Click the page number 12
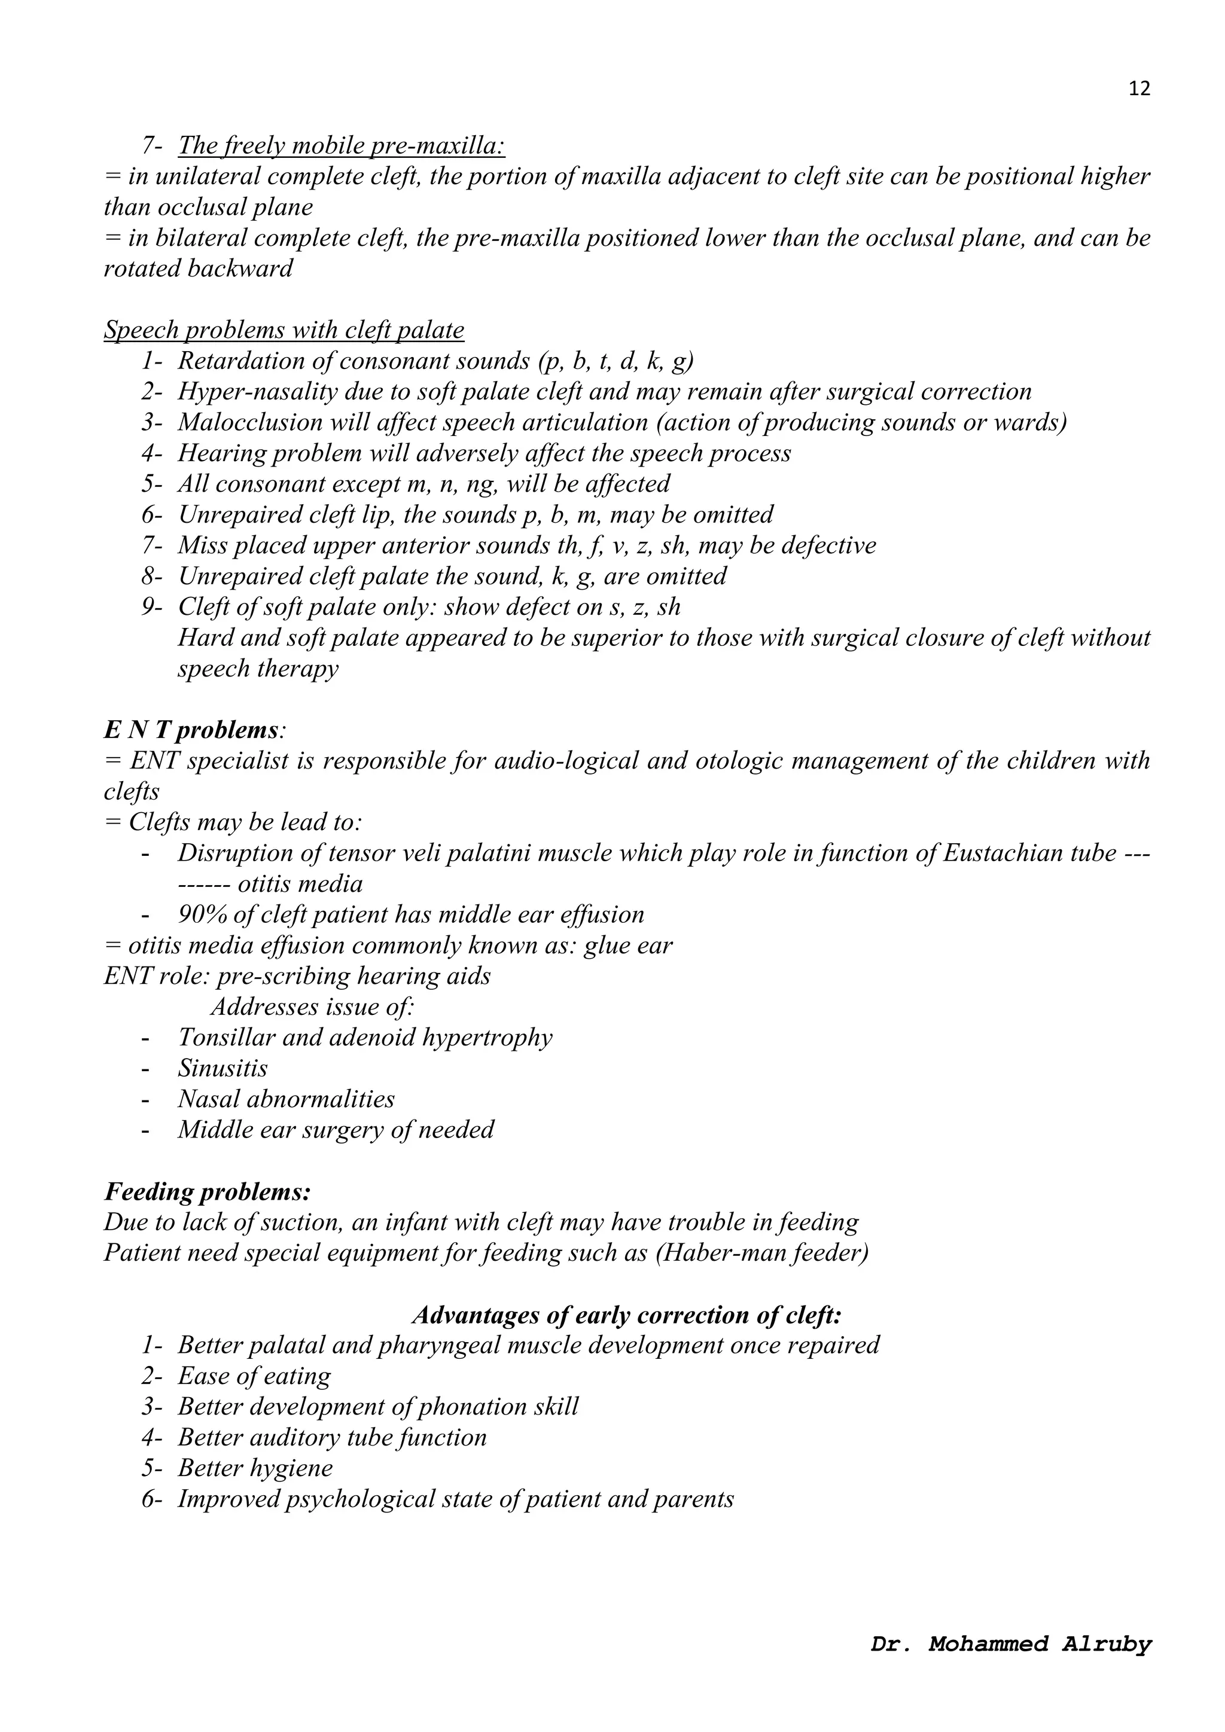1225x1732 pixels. (x=1139, y=89)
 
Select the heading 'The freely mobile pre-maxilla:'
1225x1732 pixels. (x=341, y=145)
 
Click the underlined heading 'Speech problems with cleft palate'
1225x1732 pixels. (x=284, y=330)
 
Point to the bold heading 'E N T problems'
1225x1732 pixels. (x=191, y=730)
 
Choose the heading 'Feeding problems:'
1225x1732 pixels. (x=208, y=1191)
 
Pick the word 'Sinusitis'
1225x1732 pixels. (x=223, y=1068)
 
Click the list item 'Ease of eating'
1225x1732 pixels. (x=254, y=1376)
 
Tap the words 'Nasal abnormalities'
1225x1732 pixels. (x=286, y=1099)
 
